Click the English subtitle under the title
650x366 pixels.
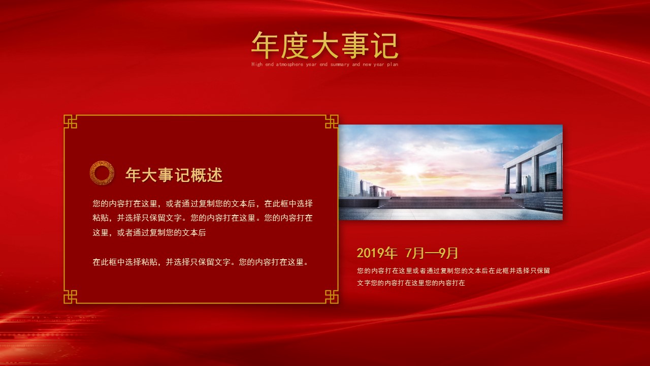pos(324,65)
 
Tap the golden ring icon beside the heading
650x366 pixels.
pos(102,173)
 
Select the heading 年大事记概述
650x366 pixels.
pos(174,175)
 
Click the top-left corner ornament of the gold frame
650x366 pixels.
pos(70,121)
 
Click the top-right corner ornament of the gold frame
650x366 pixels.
pos(332,121)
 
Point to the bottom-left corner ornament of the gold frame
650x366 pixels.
pos(70,297)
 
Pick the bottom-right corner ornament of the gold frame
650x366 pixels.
pos(332,297)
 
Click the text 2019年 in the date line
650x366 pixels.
pos(376,253)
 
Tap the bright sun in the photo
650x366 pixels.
pos(414,168)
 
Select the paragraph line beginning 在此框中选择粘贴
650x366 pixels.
pos(201,262)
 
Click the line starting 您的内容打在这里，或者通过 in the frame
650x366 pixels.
pos(203,203)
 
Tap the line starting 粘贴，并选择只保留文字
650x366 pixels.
pos(203,218)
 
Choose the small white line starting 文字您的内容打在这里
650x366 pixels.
pos(411,283)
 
